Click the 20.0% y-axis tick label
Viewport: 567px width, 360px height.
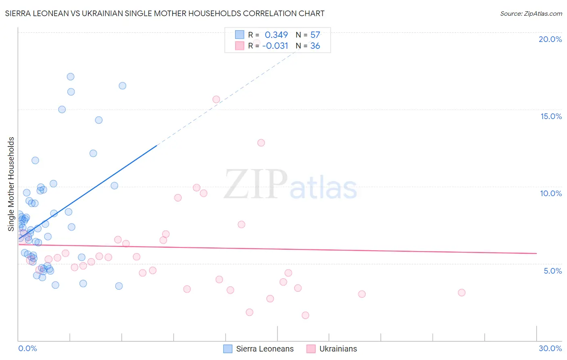pyautogui.click(x=550, y=39)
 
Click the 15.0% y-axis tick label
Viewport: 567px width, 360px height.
pyautogui.click(x=551, y=116)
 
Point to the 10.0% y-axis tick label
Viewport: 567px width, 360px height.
pyautogui.click(x=551, y=193)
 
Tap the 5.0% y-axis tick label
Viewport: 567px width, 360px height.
pyautogui.click(x=552, y=271)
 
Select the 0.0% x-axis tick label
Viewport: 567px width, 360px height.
pyautogui.click(x=27, y=348)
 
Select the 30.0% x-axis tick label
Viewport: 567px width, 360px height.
pyautogui.click(x=550, y=348)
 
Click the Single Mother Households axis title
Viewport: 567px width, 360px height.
pyautogui.click(x=11, y=184)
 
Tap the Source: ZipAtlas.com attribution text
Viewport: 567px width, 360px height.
pyautogui.click(x=531, y=14)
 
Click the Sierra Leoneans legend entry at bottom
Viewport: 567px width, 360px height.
pyautogui.click(x=258, y=349)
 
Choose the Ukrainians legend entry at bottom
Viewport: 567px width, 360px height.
pyautogui.click(x=332, y=349)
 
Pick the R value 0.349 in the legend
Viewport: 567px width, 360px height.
pyautogui.click(x=276, y=35)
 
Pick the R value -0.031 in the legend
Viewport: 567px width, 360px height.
pyautogui.click(x=275, y=46)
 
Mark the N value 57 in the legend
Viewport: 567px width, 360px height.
pyautogui.click(x=315, y=35)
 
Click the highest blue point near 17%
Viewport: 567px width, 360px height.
pyautogui.click(x=71, y=77)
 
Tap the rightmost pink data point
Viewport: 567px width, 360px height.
pyautogui.click(x=462, y=293)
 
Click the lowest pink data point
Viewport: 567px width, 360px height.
pyautogui.click(x=305, y=315)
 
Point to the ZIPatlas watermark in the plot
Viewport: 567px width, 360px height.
pyautogui.click(x=290, y=185)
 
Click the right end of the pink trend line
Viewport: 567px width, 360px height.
pyautogui.click(x=537, y=253)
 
